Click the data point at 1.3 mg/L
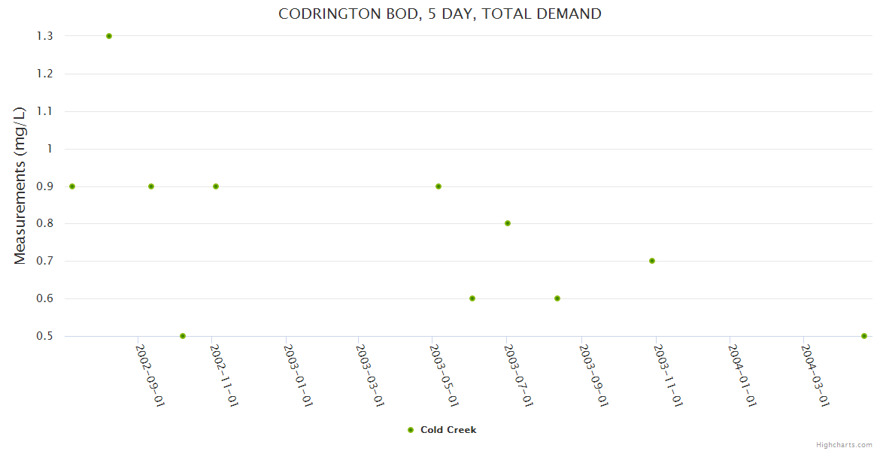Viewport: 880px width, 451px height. tap(109, 36)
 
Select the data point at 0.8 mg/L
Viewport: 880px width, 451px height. tap(508, 223)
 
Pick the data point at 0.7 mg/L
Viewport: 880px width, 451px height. tap(652, 261)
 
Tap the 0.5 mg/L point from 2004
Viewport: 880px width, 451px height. tap(864, 336)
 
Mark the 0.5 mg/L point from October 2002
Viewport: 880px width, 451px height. tap(183, 336)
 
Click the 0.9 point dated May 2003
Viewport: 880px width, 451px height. tap(438, 186)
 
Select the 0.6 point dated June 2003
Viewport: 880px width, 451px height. tap(472, 298)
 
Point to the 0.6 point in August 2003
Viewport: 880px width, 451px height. tap(557, 298)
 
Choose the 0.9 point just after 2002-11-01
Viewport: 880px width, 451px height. tap(216, 186)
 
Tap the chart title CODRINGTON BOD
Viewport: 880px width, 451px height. tap(439, 14)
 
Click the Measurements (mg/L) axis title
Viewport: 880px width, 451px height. tap(20, 185)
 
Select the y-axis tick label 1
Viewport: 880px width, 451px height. tap(50, 149)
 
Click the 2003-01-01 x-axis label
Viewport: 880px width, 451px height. tap(298, 375)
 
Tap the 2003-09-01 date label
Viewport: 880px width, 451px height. tap(593, 375)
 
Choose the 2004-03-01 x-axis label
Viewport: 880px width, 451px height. tap(815, 375)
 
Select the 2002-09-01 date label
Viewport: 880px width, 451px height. tap(150, 375)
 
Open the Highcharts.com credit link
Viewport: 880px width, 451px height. tap(844, 444)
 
